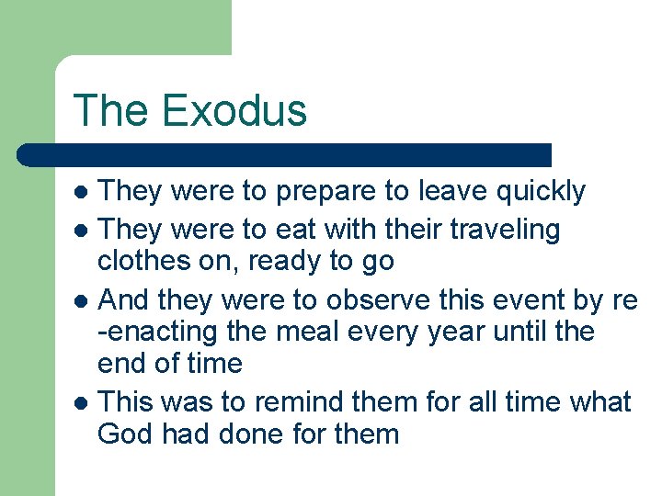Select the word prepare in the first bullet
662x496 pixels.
325,191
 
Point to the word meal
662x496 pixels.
326,332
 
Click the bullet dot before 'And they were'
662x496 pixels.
81,300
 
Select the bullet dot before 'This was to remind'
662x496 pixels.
81,402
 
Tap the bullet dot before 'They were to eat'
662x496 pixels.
81,230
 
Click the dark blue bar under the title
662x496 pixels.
285,154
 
